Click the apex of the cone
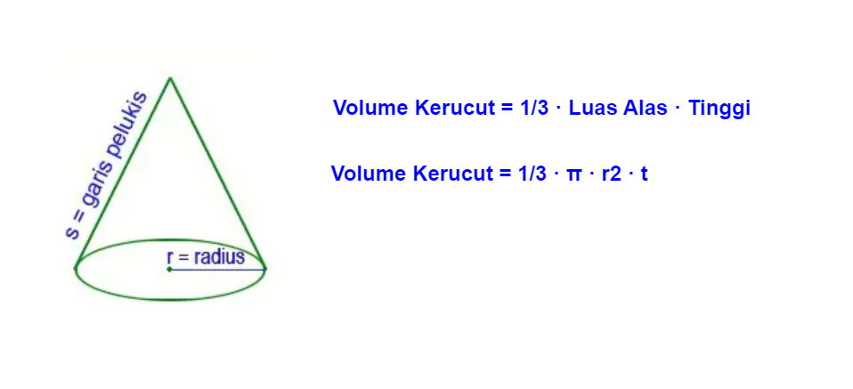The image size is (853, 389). [169, 78]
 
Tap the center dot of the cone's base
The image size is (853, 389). [169, 268]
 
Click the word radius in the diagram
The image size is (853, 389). [218, 257]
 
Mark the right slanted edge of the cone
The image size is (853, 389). [218, 174]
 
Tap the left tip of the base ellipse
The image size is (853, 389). [77, 267]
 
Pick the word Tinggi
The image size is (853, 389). [719, 109]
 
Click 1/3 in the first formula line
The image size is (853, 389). [532, 109]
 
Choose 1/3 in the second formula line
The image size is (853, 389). [531, 174]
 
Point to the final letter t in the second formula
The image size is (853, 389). [644, 174]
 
